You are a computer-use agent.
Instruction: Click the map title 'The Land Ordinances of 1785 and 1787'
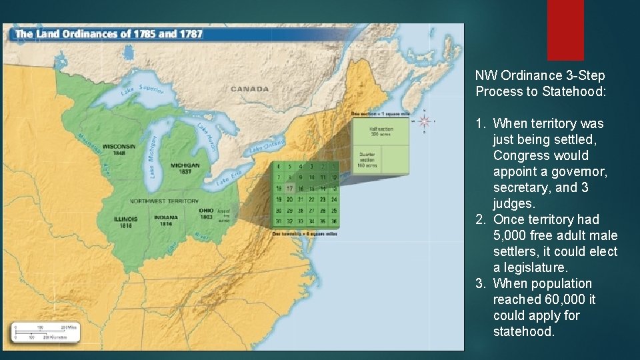pos(108,33)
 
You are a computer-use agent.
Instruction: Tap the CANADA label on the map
pos(250,89)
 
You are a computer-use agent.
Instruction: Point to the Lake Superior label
pos(142,91)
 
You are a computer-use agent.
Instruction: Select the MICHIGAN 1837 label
pos(185,167)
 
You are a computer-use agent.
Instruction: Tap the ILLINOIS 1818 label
pos(125,221)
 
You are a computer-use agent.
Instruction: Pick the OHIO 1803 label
pos(206,213)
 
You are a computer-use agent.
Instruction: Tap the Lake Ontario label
pos(267,145)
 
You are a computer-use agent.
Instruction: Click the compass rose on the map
pos(425,121)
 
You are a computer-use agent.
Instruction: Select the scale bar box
pos(45,332)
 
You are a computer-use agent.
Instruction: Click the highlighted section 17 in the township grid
pos(289,188)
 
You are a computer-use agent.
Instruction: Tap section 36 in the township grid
pos(333,221)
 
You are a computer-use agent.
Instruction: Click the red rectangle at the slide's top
pos(565,30)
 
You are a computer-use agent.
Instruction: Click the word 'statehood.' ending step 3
pos(523,331)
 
